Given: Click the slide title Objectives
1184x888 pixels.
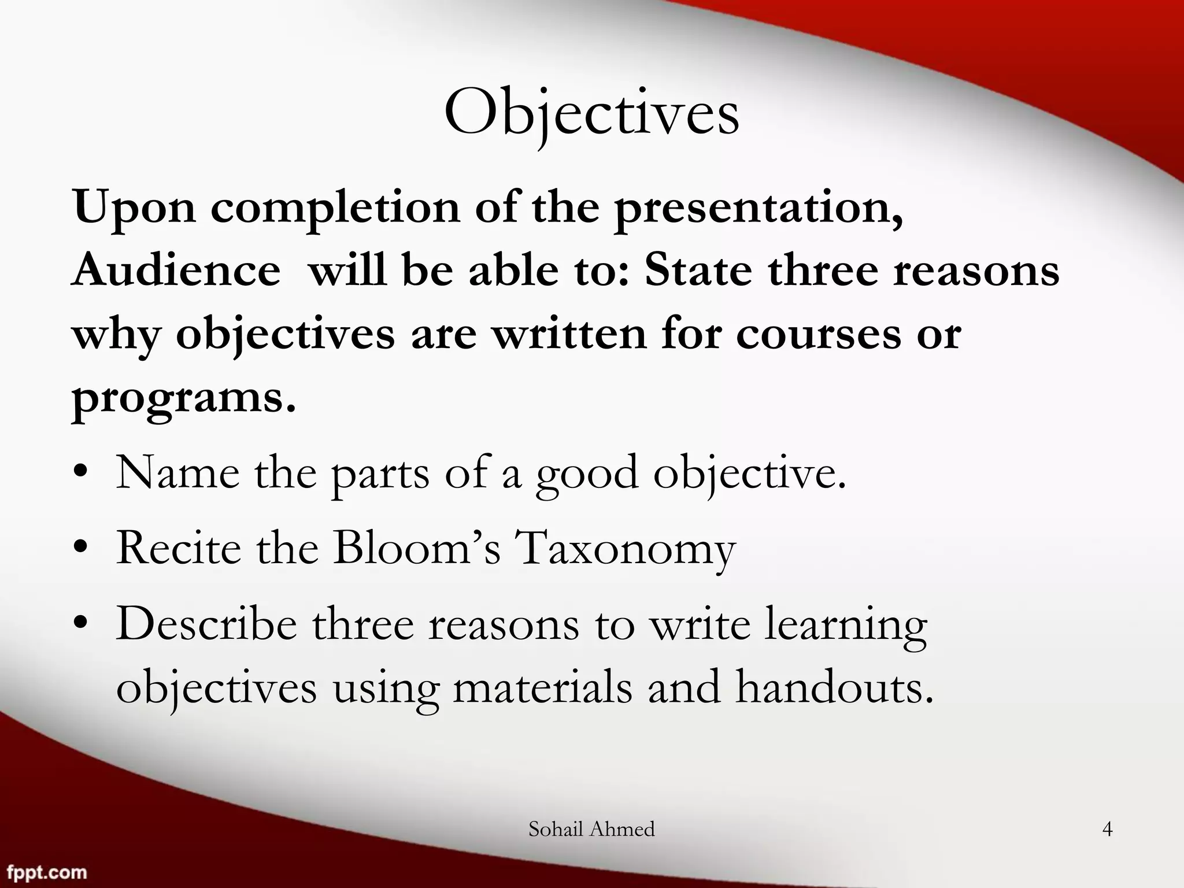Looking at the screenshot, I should pyautogui.click(x=591, y=113).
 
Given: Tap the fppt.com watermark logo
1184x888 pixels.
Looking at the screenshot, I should pyautogui.click(x=44, y=872).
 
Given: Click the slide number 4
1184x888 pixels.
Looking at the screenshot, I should pyautogui.click(x=1107, y=830).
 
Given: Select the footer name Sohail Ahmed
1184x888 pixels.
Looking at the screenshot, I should pyautogui.click(x=591, y=829).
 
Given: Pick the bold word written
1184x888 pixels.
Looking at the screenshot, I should pyautogui.click(x=569, y=335).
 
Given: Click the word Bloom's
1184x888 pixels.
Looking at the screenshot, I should pyautogui.click(x=416, y=547).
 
